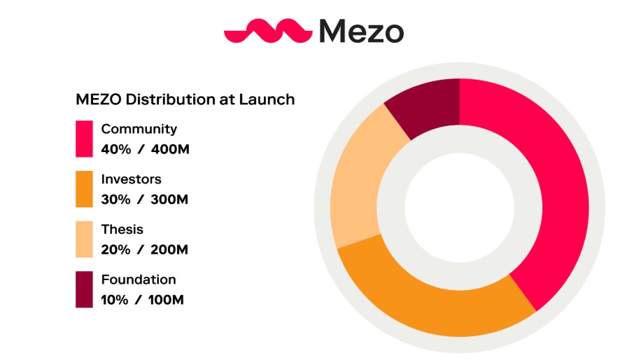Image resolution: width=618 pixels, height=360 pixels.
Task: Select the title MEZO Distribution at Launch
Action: pyautogui.click(x=185, y=99)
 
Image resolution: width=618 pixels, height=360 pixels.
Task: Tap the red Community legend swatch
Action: pyautogui.click(x=84, y=139)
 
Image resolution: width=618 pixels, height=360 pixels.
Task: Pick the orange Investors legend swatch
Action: pyautogui.click(x=84, y=189)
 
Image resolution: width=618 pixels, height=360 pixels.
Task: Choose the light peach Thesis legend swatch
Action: pyautogui.click(x=84, y=240)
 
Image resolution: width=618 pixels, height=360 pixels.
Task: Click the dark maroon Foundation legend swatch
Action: pyautogui.click(x=84, y=289)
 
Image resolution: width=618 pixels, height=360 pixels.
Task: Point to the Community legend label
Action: pyautogui.click(x=139, y=130)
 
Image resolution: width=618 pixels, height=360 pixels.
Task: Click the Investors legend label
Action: pyautogui.click(x=131, y=179)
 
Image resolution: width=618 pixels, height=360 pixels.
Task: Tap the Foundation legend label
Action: pyautogui.click(x=138, y=279)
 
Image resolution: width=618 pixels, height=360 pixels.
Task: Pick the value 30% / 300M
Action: pyautogui.click(x=145, y=200)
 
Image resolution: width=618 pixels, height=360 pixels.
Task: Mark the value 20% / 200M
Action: pyautogui.click(x=145, y=250)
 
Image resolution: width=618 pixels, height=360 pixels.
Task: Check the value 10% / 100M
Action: pyautogui.click(x=143, y=300)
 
